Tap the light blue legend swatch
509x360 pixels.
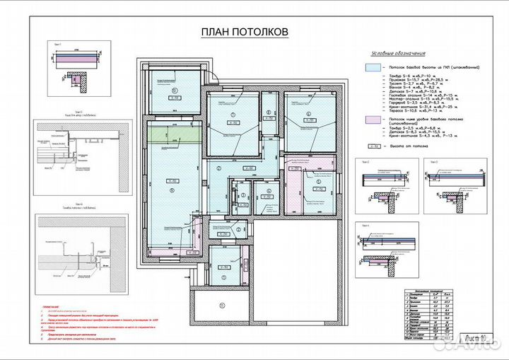click(x=373, y=67)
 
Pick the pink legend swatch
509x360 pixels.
click(x=373, y=122)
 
